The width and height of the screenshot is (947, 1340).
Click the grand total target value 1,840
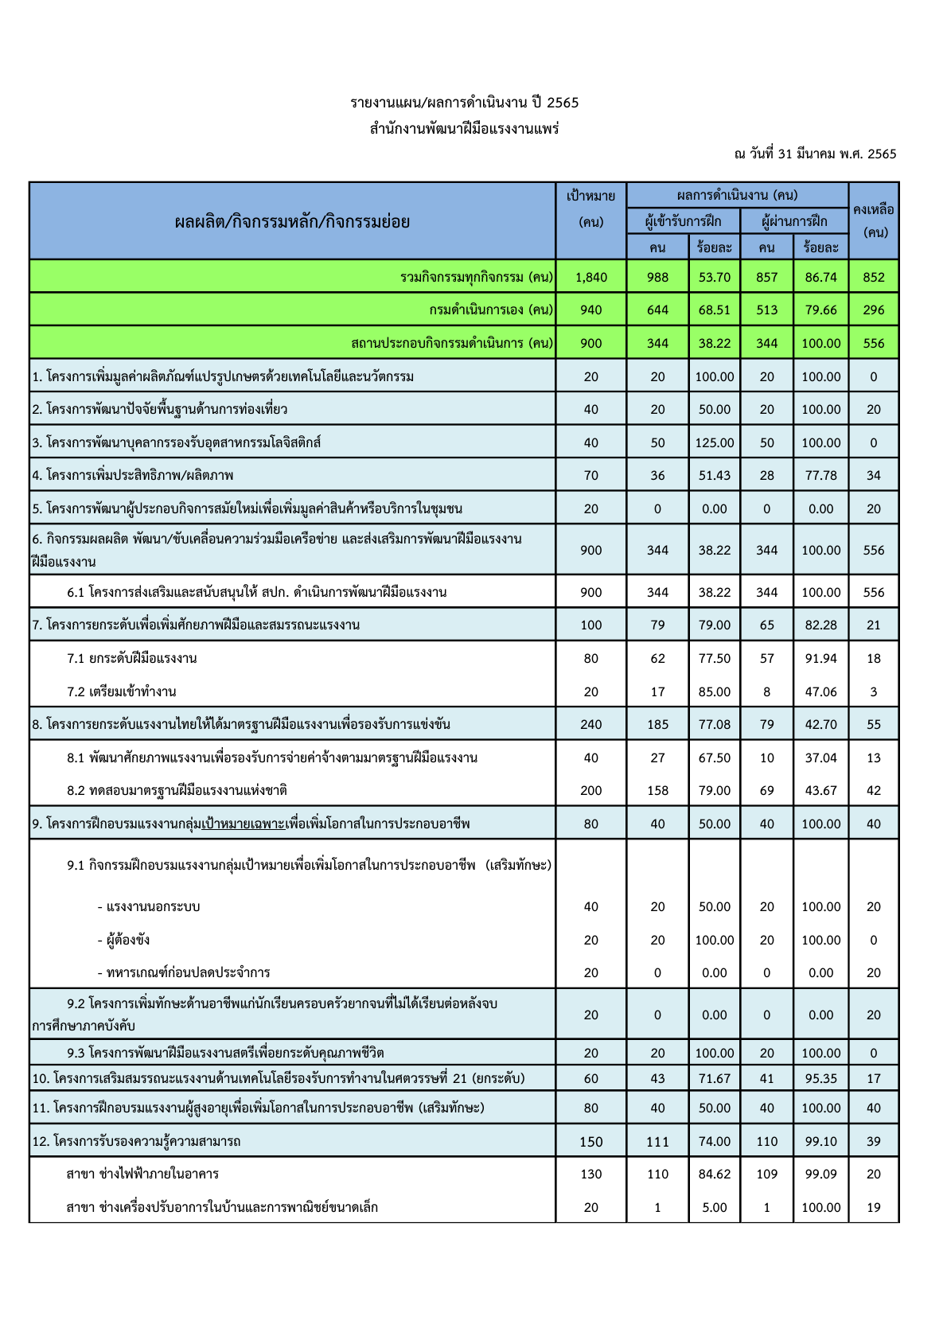click(x=590, y=277)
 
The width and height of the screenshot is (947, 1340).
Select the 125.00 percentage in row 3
click(x=714, y=442)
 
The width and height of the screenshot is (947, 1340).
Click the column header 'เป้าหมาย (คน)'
click(x=590, y=208)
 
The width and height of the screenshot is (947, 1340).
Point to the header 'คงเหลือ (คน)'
click(x=873, y=220)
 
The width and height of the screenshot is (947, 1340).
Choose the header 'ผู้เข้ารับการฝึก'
click(x=683, y=220)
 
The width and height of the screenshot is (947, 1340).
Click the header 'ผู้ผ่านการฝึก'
click(x=793, y=220)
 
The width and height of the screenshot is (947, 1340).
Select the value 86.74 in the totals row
click(x=820, y=277)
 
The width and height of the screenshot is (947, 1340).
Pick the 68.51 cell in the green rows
click(x=714, y=310)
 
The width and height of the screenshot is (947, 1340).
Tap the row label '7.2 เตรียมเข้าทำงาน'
click(x=122, y=691)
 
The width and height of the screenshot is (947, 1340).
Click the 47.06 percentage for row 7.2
click(x=820, y=691)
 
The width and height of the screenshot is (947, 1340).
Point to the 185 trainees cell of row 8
click(x=657, y=724)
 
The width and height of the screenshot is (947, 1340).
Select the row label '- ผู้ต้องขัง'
click(x=123, y=940)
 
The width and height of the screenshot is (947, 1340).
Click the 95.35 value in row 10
click(x=820, y=1078)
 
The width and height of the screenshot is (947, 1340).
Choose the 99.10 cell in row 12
click(x=820, y=1141)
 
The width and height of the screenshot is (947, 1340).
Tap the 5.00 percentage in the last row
click(x=714, y=1207)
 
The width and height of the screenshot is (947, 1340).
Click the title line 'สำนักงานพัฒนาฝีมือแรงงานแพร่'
click(x=464, y=128)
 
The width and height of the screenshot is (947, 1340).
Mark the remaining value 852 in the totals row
click(x=873, y=277)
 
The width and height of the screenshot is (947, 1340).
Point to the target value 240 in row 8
click(x=590, y=724)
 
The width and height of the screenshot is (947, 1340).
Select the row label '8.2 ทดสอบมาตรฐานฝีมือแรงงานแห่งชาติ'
click(x=177, y=790)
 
